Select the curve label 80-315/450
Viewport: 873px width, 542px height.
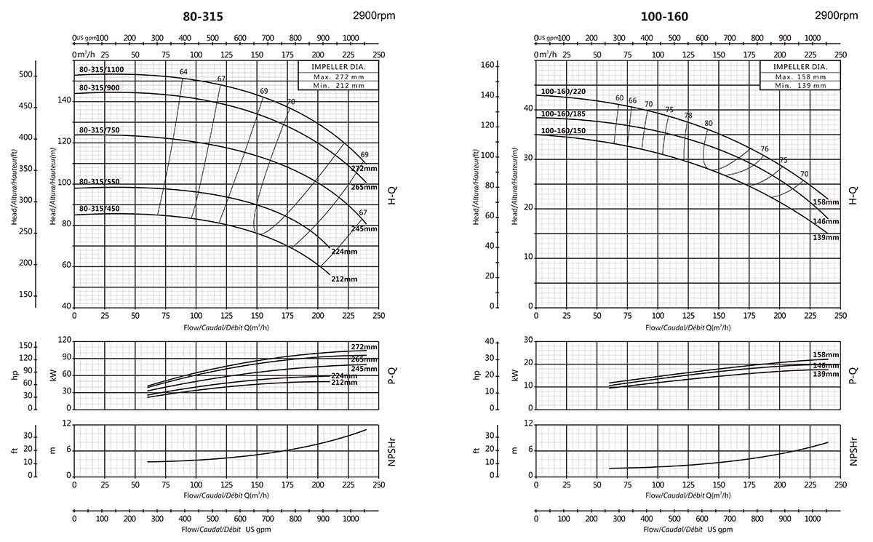pyautogui.click(x=99, y=210)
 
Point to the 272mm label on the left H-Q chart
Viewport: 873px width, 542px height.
pyautogui.click(x=364, y=168)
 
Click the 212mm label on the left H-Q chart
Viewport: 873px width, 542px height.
pyautogui.click(x=344, y=279)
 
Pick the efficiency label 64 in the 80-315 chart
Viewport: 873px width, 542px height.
pyautogui.click(x=183, y=71)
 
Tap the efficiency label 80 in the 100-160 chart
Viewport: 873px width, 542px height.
pyautogui.click(x=708, y=123)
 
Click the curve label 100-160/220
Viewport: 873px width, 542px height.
pyautogui.click(x=562, y=92)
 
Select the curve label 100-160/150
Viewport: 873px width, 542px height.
pyautogui.click(x=562, y=131)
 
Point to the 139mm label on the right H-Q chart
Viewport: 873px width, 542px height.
pyautogui.click(x=826, y=238)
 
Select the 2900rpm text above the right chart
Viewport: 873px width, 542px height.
pyautogui.click(x=837, y=15)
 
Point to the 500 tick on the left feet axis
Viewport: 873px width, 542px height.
pyautogui.click(x=27, y=75)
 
